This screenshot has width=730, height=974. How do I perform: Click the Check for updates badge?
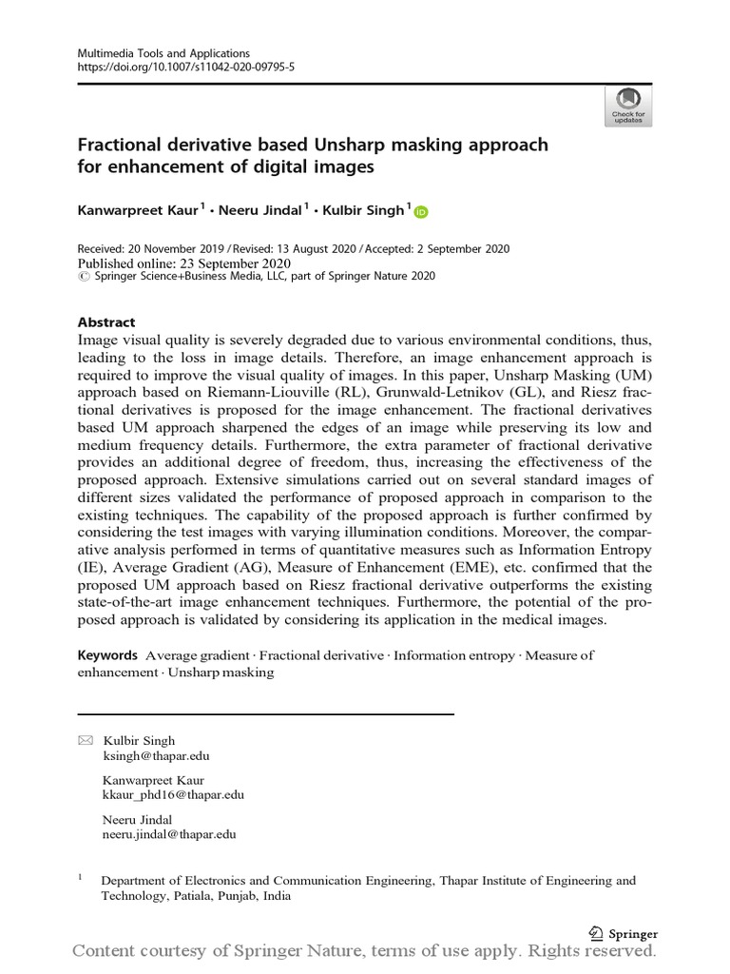pyautogui.click(x=628, y=106)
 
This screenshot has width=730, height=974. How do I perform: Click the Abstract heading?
pyautogui.click(x=106, y=322)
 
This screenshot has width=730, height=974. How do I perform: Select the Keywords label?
pyautogui.click(x=107, y=655)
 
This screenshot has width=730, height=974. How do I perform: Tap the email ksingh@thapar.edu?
pyautogui.click(x=156, y=756)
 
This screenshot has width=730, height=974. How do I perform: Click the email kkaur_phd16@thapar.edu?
pyautogui.click(x=173, y=795)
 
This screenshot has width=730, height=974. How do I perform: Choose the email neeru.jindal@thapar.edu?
pyautogui.click(x=169, y=834)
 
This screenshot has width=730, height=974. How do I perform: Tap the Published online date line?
pyautogui.click(x=183, y=263)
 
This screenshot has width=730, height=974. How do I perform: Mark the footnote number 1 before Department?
pyautogui.click(x=81, y=879)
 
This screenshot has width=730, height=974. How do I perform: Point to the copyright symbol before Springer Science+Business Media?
pyautogui.click(x=82, y=277)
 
